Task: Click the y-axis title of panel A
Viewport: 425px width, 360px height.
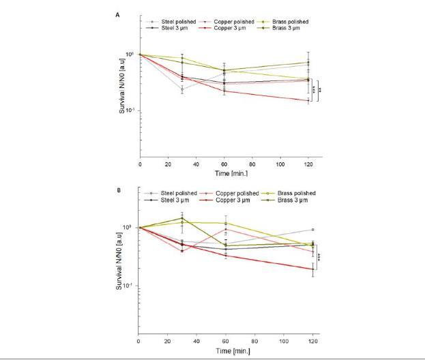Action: click(122, 89)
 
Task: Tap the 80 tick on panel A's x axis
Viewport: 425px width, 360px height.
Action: click(252, 165)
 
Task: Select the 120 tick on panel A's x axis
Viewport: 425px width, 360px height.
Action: click(308, 165)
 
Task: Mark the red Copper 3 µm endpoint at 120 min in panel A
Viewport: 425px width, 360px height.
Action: click(308, 101)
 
